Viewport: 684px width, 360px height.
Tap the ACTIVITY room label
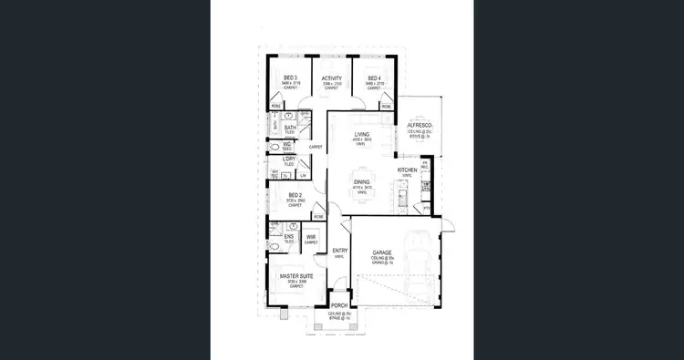coord(332,78)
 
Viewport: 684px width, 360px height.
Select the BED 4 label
coord(374,78)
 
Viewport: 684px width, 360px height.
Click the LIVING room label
coord(362,135)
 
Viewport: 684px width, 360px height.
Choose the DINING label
coord(362,182)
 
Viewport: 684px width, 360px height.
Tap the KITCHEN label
coord(407,170)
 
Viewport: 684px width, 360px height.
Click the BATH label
coord(289,128)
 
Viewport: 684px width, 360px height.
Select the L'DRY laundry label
coord(289,159)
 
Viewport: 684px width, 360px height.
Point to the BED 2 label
coord(294,195)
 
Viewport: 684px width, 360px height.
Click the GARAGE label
coord(382,252)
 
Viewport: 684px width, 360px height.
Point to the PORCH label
coord(339,305)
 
